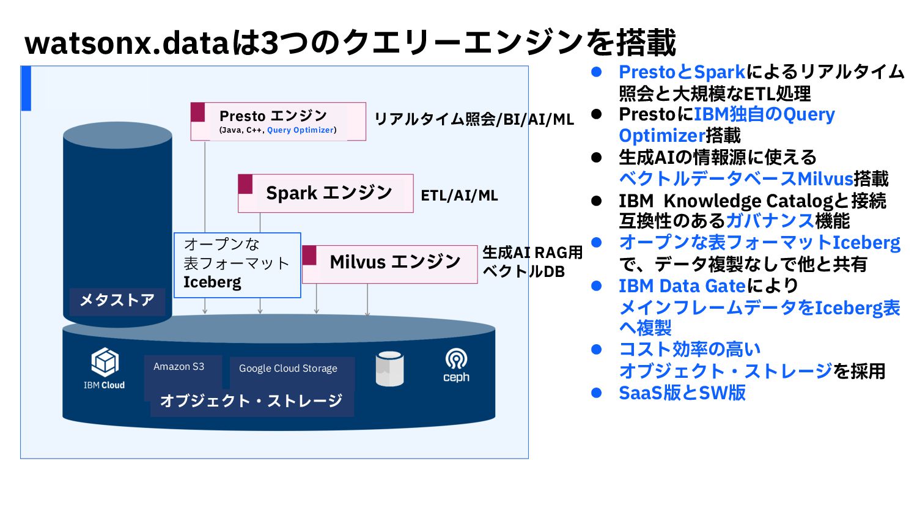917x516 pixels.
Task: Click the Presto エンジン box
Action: pos(278,121)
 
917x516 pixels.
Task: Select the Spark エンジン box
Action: pos(326,193)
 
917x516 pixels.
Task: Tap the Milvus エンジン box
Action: pos(390,264)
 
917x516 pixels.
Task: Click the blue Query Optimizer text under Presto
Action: pos(300,130)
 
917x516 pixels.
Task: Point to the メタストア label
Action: pos(117,300)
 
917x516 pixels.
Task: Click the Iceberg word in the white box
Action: pos(212,282)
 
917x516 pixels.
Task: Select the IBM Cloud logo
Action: pos(104,368)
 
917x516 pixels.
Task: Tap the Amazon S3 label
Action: pos(179,367)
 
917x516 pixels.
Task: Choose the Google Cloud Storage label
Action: pos(288,369)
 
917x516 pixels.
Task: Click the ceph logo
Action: pos(456,366)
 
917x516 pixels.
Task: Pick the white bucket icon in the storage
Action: pos(389,369)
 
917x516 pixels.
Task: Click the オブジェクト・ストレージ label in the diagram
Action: pos(251,401)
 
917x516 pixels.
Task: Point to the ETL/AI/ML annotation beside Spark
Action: pos(459,196)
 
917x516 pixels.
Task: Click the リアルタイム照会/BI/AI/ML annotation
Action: pos(474,119)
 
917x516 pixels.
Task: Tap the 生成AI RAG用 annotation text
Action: pos(532,252)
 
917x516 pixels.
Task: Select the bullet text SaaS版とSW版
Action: pos(682,393)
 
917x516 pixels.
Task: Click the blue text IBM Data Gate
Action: pos(682,286)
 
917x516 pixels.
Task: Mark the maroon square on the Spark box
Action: pos(245,184)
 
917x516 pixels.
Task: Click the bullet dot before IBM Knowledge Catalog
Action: pos(597,201)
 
